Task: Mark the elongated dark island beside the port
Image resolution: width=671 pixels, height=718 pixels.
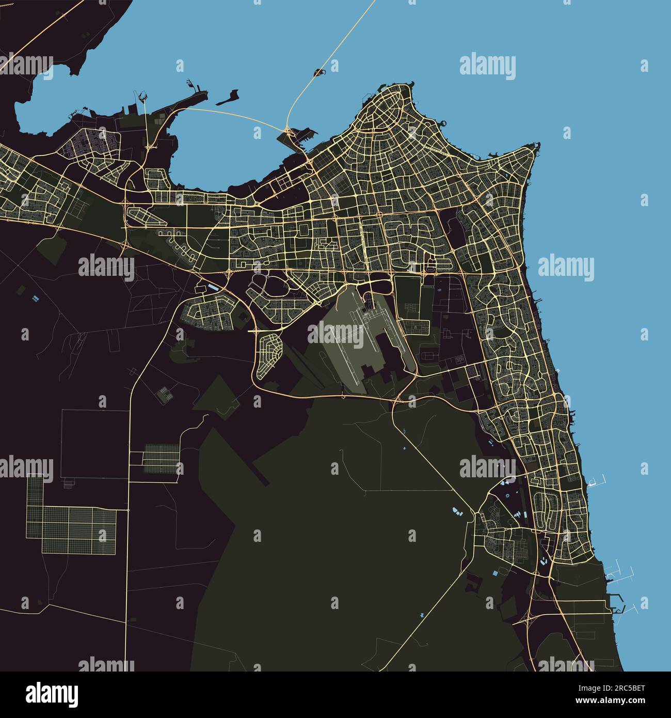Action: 228,98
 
